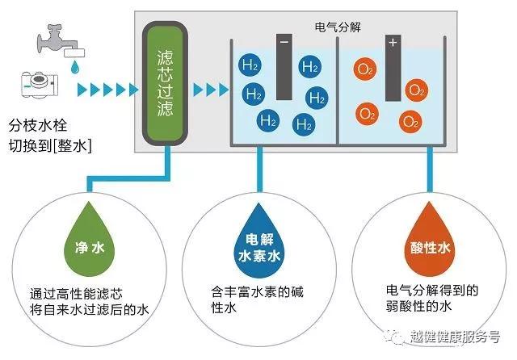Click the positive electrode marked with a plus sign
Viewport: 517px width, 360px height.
pyautogui.click(x=393, y=68)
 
